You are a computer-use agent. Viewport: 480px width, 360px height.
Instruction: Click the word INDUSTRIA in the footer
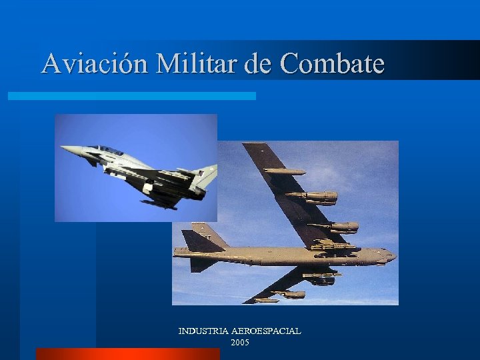click(203, 331)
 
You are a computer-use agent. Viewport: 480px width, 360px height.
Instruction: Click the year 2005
click(240, 342)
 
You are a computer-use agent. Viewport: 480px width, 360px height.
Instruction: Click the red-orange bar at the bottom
click(127, 354)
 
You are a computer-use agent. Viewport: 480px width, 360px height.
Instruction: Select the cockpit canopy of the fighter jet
click(107, 150)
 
